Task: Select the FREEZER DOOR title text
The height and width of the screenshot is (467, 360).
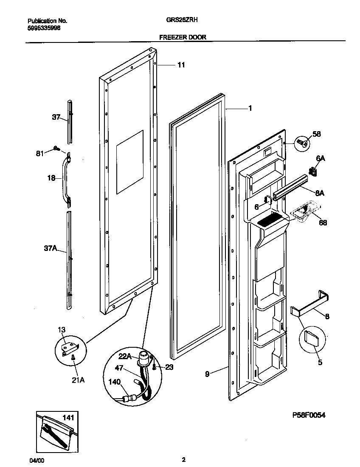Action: click(x=183, y=37)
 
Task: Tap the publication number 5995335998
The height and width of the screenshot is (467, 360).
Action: click(x=44, y=28)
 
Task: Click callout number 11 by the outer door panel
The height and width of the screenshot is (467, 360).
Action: click(x=181, y=65)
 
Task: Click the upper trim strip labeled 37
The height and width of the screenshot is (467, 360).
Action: click(x=69, y=122)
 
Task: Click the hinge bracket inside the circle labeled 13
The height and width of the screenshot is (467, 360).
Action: click(x=68, y=348)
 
